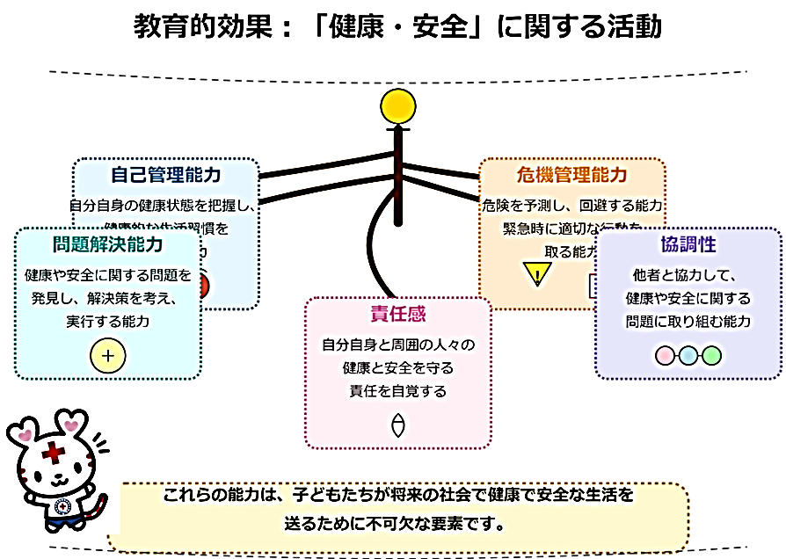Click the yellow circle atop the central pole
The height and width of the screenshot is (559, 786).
(397, 106)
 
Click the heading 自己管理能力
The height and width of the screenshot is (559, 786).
(165, 173)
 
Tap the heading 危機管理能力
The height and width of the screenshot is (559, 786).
(572, 175)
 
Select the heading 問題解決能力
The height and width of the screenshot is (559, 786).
(107, 243)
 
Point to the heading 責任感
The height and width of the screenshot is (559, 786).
(398, 314)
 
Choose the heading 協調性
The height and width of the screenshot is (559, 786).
(688, 243)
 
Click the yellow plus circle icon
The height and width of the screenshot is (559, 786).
(108, 356)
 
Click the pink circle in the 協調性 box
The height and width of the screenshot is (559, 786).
(666, 355)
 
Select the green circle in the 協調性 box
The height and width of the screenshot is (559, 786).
(711, 355)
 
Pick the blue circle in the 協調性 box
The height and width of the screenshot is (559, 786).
(688, 355)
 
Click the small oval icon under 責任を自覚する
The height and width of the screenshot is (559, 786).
(398, 425)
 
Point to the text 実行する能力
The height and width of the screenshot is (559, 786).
(107, 322)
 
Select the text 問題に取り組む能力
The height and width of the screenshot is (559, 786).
(688, 321)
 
